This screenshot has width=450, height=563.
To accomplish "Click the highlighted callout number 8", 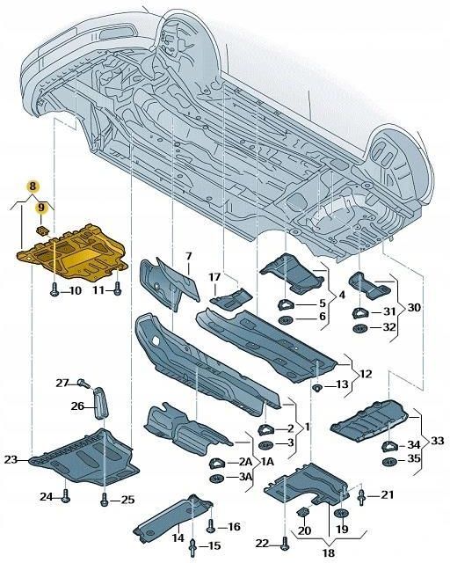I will (33, 186).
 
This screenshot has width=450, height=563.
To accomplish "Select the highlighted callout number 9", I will (40, 208).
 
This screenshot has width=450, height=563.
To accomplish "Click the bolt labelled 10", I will (54, 289).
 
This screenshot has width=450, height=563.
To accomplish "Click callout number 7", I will (186, 256).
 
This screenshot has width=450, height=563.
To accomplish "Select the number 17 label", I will (214, 278).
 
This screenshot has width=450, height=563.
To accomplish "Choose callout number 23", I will (11, 459).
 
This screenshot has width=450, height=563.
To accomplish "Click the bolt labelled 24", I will (65, 498).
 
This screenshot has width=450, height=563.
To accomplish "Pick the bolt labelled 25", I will (105, 500).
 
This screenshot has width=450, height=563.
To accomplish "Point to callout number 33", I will (436, 441).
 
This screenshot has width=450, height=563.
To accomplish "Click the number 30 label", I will (415, 308).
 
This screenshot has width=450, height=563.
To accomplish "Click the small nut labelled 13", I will (317, 386).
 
